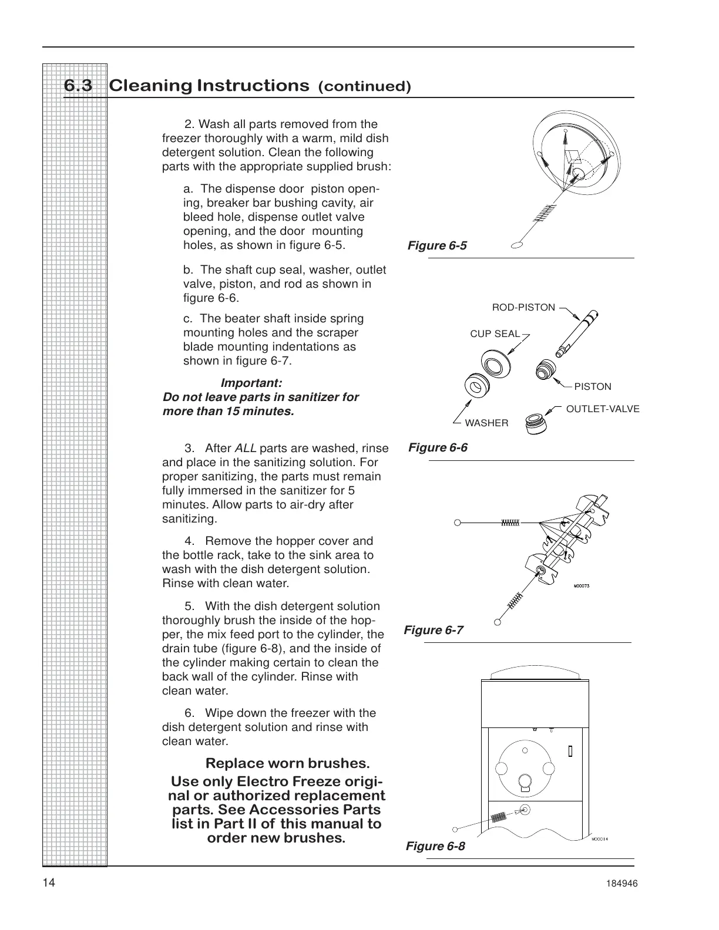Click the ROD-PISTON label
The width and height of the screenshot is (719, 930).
click(523, 307)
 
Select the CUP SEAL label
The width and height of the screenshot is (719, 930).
click(495, 333)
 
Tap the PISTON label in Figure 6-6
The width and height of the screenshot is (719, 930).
click(592, 386)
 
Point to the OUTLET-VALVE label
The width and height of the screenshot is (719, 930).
click(602, 409)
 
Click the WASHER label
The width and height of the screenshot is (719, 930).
click(486, 423)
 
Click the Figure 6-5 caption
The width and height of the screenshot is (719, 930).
click(437, 245)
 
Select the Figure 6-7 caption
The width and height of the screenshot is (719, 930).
click(434, 630)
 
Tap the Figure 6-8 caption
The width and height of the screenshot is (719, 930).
click(435, 845)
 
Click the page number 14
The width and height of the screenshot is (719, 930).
click(49, 884)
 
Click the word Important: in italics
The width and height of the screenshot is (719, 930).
click(251, 383)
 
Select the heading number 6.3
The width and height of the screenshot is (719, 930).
click(78, 86)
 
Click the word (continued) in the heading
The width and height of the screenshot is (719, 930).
click(364, 87)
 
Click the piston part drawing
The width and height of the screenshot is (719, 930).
click(547, 369)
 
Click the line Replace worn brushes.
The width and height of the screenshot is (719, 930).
click(287, 763)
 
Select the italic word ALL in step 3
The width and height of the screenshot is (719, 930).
click(245, 449)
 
